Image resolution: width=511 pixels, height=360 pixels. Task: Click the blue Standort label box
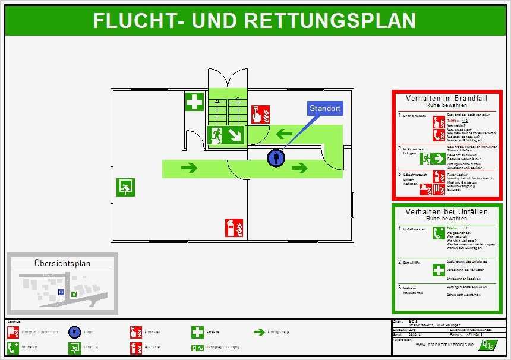(x=325, y=108)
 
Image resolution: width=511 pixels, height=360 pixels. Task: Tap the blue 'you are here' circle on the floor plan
(x=276, y=158)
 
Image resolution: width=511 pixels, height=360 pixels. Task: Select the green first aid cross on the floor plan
(x=194, y=102)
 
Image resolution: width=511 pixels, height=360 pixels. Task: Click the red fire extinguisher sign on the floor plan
(x=234, y=228)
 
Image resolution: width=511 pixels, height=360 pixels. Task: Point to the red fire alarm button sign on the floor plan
(x=260, y=114)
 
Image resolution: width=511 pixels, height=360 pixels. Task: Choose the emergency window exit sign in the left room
(x=125, y=187)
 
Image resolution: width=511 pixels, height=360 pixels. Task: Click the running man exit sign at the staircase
(x=226, y=135)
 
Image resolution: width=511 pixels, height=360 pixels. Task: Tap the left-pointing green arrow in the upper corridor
(x=284, y=134)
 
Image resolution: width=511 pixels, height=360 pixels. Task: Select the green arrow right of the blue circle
(x=300, y=168)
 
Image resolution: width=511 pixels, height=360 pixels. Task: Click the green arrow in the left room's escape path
(x=189, y=168)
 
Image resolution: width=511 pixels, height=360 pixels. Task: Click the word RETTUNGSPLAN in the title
(x=330, y=21)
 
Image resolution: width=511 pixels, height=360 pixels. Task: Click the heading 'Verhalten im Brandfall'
(x=443, y=98)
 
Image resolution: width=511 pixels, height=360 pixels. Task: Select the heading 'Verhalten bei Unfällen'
(x=446, y=211)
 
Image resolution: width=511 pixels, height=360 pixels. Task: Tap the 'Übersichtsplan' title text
(x=62, y=263)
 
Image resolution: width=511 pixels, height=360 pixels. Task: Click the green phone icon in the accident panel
(x=439, y=233)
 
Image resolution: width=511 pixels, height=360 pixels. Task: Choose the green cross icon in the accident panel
(x=439, y=270)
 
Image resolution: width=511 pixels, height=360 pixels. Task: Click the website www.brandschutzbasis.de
(x=444, y=345)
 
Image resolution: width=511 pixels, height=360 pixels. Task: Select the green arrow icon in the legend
(x=258, y=332)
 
